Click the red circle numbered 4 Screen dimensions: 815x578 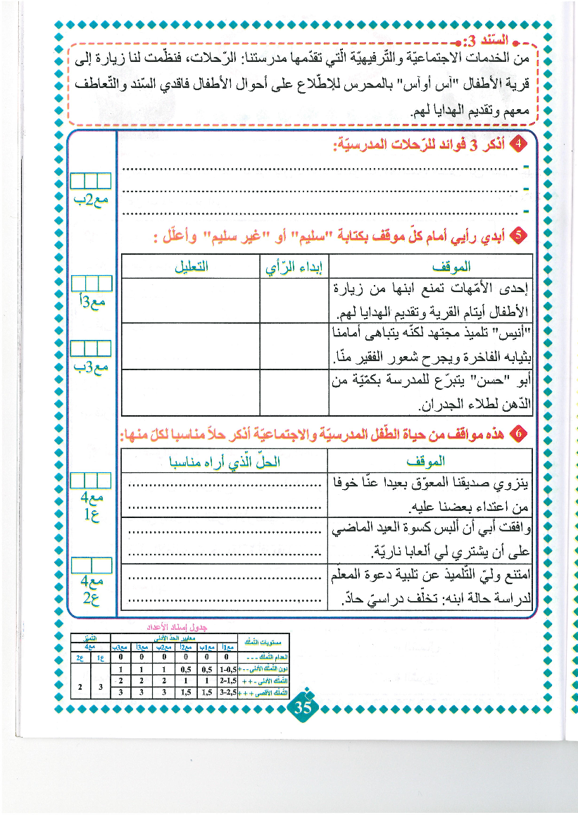point(519,145)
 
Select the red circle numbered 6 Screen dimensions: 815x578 point(520,434)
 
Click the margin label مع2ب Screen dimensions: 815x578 point(92,200)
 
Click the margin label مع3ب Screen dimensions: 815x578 point(92,366)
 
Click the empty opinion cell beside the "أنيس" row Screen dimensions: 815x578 point(294,344)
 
